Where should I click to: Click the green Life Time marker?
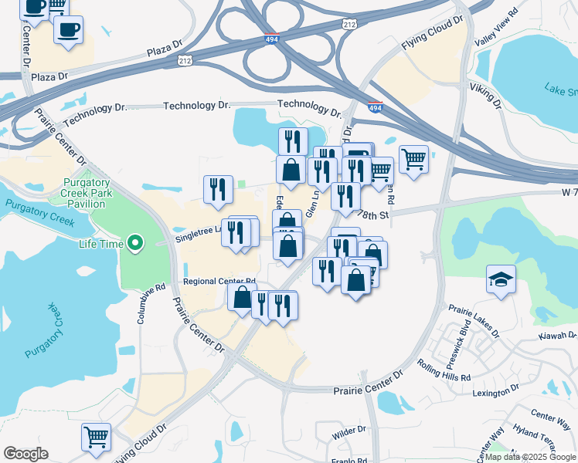136,244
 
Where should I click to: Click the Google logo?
25,454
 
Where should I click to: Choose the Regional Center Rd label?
219,282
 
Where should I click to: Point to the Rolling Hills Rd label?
444,370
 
